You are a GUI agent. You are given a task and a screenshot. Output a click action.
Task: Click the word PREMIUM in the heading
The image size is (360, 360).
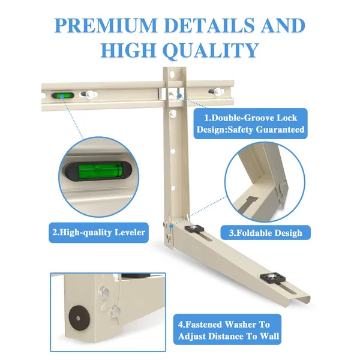pos(106,25)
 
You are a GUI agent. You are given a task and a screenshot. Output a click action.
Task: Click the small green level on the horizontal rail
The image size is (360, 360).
pos(63,95)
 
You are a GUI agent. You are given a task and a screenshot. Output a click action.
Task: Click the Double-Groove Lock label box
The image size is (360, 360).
pos(250,124)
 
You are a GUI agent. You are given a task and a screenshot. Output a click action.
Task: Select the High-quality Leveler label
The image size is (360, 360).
pos(99,233)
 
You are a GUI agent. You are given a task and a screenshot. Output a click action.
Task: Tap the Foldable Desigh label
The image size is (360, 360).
pos(266,233)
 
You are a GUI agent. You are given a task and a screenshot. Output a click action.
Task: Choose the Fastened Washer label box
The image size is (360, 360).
pos(227,329)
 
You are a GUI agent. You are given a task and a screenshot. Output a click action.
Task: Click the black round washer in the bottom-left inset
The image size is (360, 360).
pos(78,318)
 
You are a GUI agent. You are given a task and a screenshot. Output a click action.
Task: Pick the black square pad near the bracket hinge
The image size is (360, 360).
pos(194,229)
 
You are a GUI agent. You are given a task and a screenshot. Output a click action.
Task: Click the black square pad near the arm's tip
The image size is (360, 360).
pos(273,278)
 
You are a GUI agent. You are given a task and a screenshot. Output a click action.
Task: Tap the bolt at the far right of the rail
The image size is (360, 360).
pos(217,92)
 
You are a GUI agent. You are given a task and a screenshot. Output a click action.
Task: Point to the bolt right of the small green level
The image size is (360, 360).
pos(89,94)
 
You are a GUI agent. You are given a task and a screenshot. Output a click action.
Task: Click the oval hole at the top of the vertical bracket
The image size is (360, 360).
pos(172,74)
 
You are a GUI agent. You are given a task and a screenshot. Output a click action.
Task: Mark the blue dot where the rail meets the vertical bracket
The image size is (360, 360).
pos(180,95)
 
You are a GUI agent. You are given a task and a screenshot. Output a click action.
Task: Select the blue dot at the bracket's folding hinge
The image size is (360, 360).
pos(171,226)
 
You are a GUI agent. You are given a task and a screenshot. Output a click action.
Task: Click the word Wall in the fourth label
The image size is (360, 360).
pos(269,337)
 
